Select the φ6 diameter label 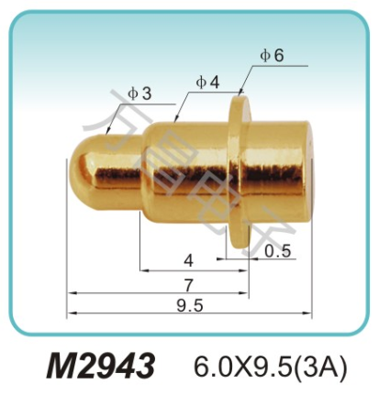(272, 55)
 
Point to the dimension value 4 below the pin (188, 258)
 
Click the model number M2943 (100, 365)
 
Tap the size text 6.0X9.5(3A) (269, 366)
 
